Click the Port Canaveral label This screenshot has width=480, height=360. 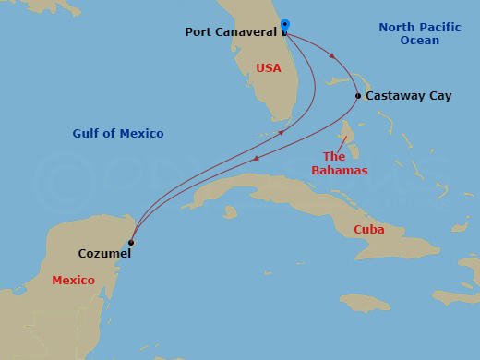231,31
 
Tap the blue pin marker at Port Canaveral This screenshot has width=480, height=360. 284,25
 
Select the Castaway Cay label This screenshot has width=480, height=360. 409,95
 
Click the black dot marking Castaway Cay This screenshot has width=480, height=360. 358,95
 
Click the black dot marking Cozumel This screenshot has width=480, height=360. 131,243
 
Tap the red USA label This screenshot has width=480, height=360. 269,68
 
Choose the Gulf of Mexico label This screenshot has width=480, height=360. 118,134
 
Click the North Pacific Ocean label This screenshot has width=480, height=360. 420,34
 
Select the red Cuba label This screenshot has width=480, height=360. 369,229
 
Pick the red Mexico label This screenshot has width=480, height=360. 73,280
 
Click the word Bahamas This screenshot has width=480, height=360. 339,171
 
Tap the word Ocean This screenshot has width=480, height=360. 420,41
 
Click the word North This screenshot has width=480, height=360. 398,28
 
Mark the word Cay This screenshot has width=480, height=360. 439,95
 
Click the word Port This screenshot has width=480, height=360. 197,31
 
